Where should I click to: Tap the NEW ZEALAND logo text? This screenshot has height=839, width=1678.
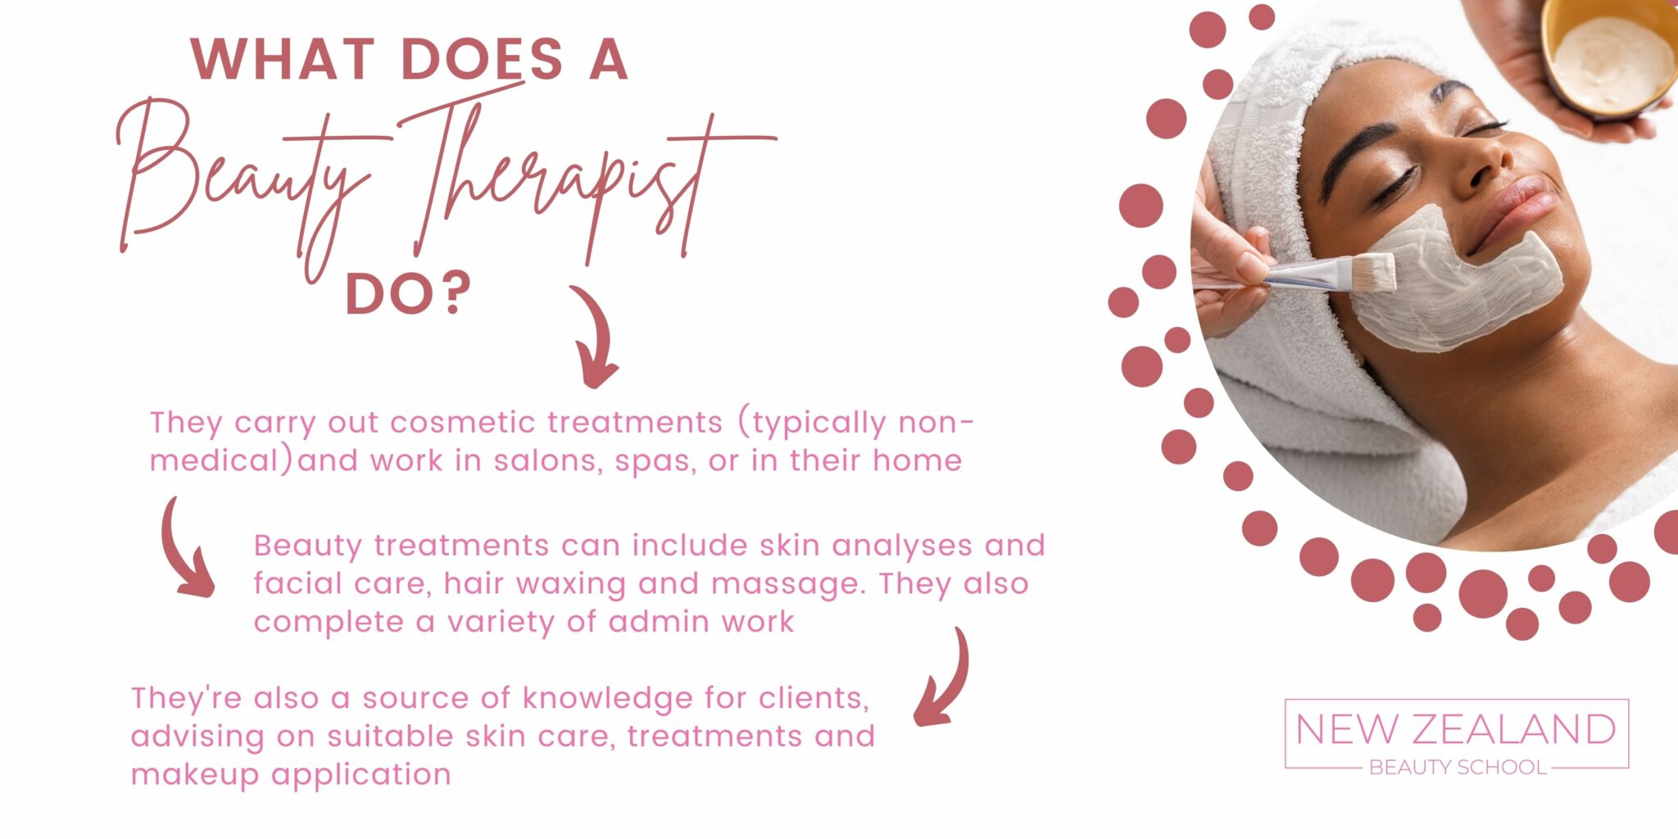pyautogui.click(x=1455, y=729)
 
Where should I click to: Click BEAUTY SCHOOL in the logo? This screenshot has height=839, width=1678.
pyautogui.click(x=1458, y=768)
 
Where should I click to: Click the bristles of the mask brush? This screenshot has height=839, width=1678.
pyautogui.click(x=1372, y=273)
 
